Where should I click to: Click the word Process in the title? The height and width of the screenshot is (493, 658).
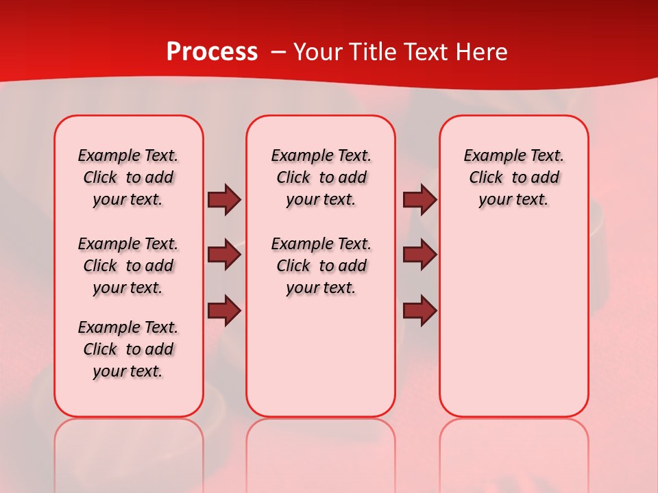click(x=212, y=52)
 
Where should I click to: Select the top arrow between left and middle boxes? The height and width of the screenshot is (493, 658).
click(x=224, y=199)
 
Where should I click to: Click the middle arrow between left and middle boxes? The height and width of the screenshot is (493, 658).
click(x=224, y=255)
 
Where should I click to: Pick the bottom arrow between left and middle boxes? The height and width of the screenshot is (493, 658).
click(x=224, y=311)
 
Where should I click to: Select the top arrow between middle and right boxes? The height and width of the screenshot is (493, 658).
click(x=419, y=199)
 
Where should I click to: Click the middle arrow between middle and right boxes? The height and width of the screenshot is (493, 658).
click(x=419, y=255)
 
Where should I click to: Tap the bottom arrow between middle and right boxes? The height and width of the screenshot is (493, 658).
click(x=419, y=311)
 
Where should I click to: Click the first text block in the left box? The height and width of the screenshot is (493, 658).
click(x=128, y=177)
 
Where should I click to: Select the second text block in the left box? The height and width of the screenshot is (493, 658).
click(x=128, y=266)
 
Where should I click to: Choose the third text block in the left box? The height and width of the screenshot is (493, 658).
click(x=128, y=349)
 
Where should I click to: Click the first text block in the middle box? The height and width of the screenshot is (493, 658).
click(x=321, y=177)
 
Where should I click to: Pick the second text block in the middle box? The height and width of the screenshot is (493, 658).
click(x=321, y=266)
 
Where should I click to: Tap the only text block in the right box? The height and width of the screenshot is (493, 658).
click(x=513, y=177)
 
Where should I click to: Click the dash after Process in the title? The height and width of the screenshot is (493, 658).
click(x=278, y=52)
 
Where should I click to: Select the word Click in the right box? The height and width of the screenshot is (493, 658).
click(x=486, y=178)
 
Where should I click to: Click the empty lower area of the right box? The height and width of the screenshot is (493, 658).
click(x=513, y=329)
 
